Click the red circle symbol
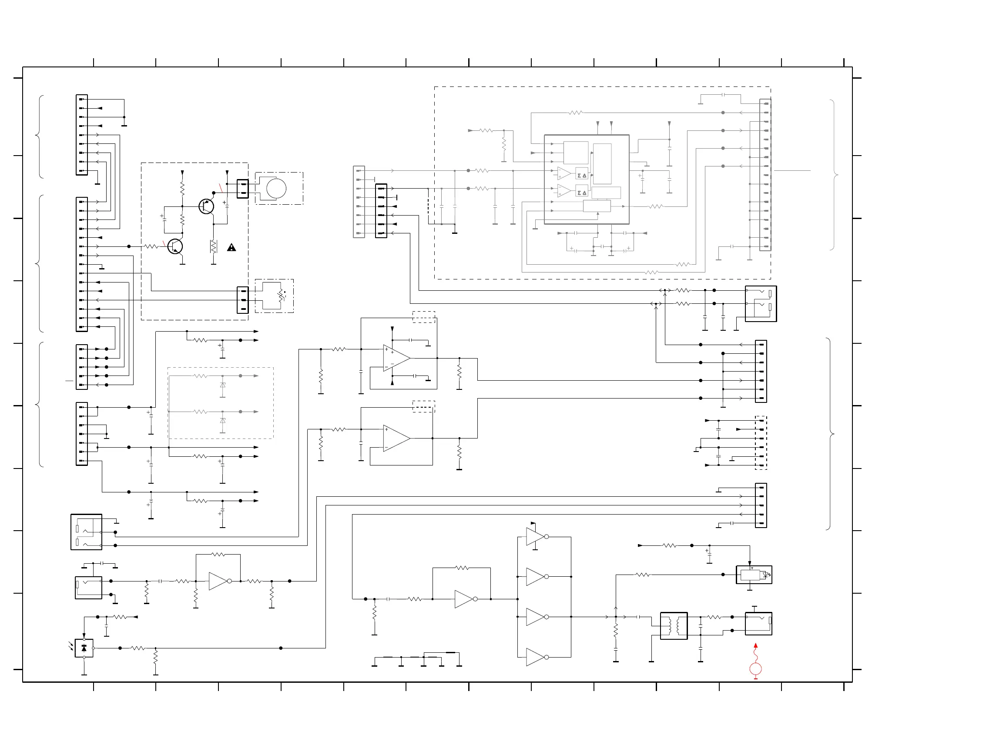pos(755,668)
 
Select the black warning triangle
pos(231,247)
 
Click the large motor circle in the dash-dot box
pos(276,189)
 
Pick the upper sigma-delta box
pos(581,175)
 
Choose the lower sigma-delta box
pos(581,193)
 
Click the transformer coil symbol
pos(673,626)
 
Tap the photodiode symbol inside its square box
pos(84,648)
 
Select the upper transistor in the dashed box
pos(206,206)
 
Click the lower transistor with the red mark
pos(175,246)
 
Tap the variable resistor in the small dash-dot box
pos(280,296)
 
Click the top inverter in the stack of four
pos(535,536)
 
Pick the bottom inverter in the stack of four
pos(535,657)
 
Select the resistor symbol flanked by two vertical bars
pos(214,246)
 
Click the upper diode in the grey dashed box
pos(222,385)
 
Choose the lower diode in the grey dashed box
pos(222,421)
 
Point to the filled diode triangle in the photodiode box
pos(84,649)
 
